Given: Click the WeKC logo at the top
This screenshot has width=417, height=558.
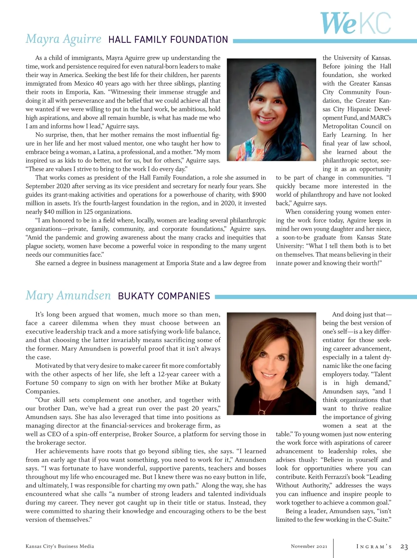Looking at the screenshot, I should pyautogui.click(x=355, y=23).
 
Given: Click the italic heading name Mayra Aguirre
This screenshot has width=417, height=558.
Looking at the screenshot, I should pyautogui.click(x=64, y=39).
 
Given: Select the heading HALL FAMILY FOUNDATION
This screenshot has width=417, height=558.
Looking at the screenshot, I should pyautogui.click(x=168, y=40).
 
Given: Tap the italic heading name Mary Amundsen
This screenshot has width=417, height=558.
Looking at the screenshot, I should pyautogui.click(x=68, y=295).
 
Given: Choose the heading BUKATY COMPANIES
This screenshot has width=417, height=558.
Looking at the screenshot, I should pyautogui.click(x=164, y=296).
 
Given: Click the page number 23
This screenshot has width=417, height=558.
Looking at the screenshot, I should pyautogui.click(x=404, y=547).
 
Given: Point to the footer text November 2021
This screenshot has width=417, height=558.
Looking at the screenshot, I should pyautogui.click(x=309, y=546).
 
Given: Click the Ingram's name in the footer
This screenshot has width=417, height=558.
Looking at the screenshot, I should pyautogui.click(x=374, y=547).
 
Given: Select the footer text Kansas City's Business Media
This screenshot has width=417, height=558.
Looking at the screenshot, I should pyautogui.click(x=60, y=546).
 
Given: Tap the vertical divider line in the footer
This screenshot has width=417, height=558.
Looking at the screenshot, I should pyautogui.click(x=333, y=548).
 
